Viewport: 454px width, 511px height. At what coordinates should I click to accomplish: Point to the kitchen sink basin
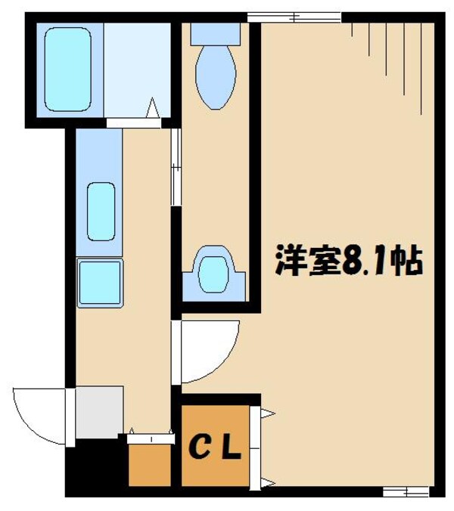[x=101, y=211]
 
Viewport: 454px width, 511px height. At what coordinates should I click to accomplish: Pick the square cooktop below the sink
[x=100, y=281]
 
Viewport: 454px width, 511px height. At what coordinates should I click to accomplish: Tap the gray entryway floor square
[x=98, y=411]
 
